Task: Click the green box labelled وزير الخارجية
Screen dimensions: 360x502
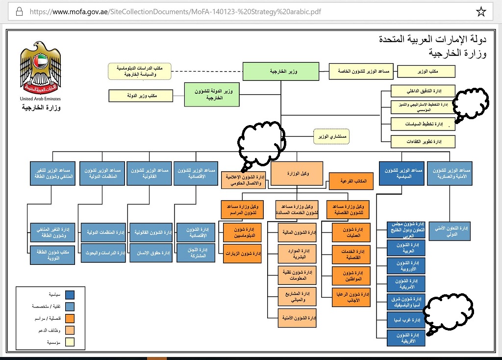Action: [281, 72]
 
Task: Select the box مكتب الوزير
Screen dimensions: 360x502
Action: [426, 72]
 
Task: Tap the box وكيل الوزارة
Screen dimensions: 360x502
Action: [297, 174]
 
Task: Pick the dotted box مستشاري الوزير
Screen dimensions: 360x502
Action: [331, 136]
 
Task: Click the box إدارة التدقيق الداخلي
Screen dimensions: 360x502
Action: [423, 91]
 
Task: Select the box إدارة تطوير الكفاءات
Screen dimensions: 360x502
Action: [423, 141]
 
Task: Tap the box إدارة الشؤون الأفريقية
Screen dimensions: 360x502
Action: [405, 337]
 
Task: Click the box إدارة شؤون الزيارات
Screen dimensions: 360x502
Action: [242, 254]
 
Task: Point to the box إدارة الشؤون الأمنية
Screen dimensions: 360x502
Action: [297, 318]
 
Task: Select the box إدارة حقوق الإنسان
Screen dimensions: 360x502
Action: [149, 253]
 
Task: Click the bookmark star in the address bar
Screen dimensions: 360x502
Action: [481, 11]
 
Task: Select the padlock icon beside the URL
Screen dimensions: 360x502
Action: [19, 11]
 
